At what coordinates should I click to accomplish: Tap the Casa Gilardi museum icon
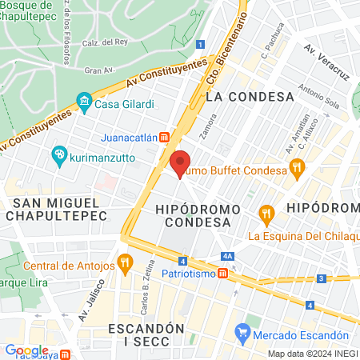[x=83, y=102]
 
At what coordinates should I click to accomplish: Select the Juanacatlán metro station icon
[x=164, y=137]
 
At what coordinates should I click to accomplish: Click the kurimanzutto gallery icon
[x=58, y=154]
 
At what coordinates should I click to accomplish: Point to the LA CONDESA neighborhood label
[x=250, y=97]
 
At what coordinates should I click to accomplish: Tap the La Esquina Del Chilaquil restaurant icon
[x=266, y=214]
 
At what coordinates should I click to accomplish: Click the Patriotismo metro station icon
[x=223, y=273]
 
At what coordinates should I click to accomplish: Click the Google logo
[x=26, y=350]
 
